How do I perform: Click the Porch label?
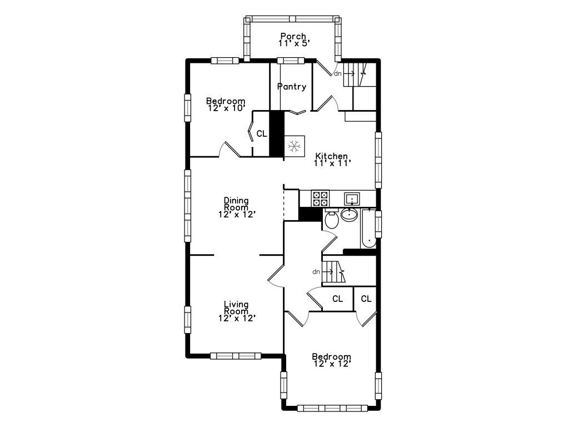coord(293,36)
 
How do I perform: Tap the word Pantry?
coord(292,87)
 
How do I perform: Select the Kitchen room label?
coord(331,156)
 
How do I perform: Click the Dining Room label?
coord(236,203)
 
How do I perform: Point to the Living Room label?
coord(236,307)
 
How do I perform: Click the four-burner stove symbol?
coord(320,198)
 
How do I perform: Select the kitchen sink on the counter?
coord(352,199)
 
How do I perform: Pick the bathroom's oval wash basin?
coord(350,215)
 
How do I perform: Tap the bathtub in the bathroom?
coord(368,229)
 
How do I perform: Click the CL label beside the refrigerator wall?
coord(262,133)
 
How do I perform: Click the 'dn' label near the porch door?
coord(338,74)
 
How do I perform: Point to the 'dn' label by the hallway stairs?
coord(316,271)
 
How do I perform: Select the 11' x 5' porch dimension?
coord(294,43)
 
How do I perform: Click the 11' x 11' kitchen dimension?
coord(332,163)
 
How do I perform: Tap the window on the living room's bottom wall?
coord(236,356)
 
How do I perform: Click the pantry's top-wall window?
coord(291,61)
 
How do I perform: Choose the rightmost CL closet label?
coord(366,299)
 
